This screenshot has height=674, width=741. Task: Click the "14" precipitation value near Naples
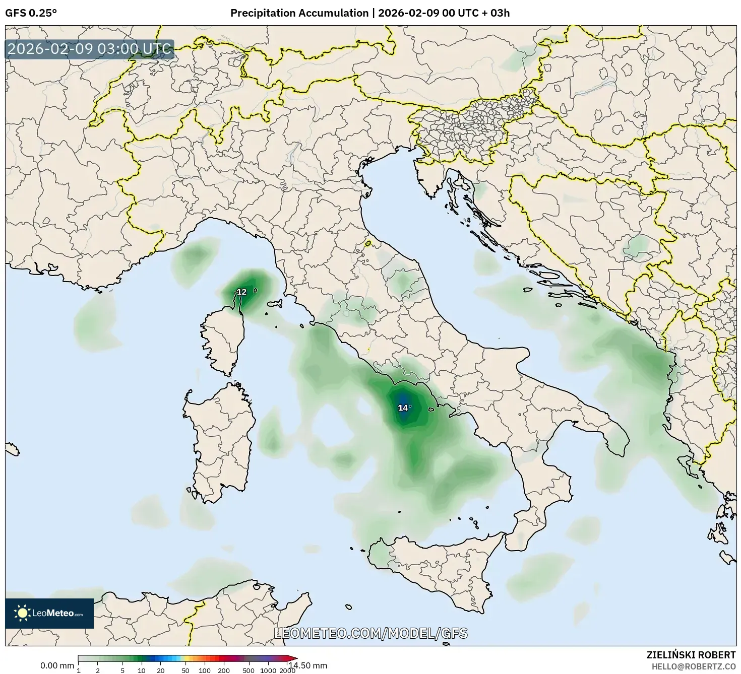pyautogui.click(x=403, y=408)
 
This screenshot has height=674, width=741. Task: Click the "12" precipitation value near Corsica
pyautogui.click(x=241, y=292)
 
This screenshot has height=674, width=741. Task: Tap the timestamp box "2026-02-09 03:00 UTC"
pyautogui.click(x=90, y=49)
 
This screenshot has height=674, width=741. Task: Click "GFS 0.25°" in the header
pyautogui.click(x=31, y=13)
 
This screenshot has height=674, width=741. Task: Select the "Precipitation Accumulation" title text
pyautogui.click(x=299, y=13)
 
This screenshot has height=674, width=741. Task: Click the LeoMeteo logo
pyautogui.click(x=49, y=613)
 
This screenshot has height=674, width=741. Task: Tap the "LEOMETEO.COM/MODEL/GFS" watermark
pyautogui.click(x=371, y=633)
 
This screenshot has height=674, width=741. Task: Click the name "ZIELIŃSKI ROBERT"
pyautogui.click(x=691, y=655)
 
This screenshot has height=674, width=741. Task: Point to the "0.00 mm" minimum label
pyautogui.click(x=57, y=665)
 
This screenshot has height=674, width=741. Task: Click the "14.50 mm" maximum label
pyautogui.click(x=307, y=665)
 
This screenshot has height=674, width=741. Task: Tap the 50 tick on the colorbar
pyautogui.click(x=186, y=670)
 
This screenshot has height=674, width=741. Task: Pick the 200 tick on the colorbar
pyautogui.click(x=223, y=670)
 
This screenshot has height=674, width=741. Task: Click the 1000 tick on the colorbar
pyautogui.click(x=268, y=670)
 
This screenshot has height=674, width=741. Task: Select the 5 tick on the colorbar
pyautogui.click(x=122, y=670)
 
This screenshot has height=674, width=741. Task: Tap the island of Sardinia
pyautogui.click(x=222, y=443)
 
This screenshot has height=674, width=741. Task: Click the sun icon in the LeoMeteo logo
pyautogui.click(x=22, y=613)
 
